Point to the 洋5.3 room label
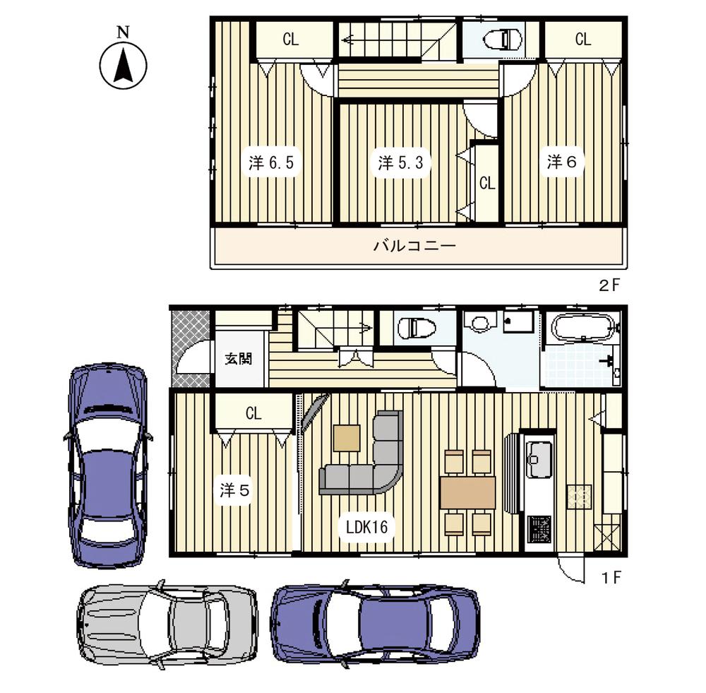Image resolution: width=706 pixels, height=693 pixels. [x=400, y=163]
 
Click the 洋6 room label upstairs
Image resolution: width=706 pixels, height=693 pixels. [x=563, y=162]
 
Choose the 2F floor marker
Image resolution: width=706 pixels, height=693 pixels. [x=609, y=286]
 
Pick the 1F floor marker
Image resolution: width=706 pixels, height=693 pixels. [x=611, y=577]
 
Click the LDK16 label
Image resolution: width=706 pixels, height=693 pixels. [x=364, y=526]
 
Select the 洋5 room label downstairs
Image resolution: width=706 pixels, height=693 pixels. [x=234, y=490]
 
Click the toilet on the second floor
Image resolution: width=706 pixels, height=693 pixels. [x=503, y=38]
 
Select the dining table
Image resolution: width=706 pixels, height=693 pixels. [x=467, y=492]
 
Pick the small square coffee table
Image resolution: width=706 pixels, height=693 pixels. [x=347, y=438]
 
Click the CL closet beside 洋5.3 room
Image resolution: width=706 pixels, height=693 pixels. [x=486, y=183]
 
